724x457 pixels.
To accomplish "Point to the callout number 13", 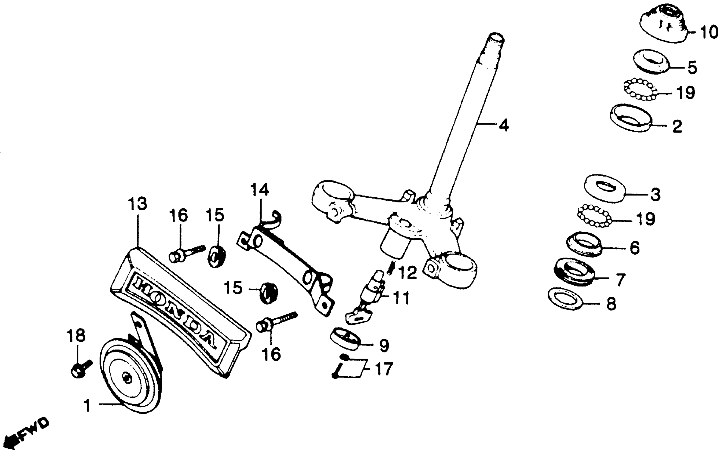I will pyautogui.click(x=137, y=204).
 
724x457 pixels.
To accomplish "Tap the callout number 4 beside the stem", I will pyautogui.click(x=504, y=125).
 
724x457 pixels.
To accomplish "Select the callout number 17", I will pyautogui.click(x=384, y=369).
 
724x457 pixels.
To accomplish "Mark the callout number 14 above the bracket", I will pyautogui.click(x=260, y=190).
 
